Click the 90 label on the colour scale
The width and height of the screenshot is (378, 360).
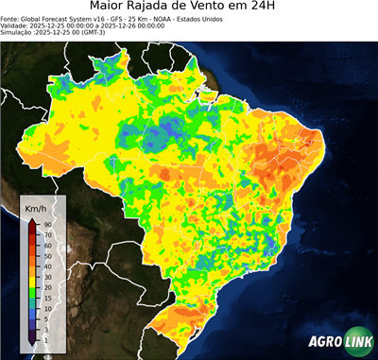pyautogui.click(x=46, y=224)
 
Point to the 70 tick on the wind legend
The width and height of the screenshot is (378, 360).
pyautogui.click(x=46, y=233)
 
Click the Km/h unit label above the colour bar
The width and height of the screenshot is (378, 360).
pyautogui.click(x=36, y=208)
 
